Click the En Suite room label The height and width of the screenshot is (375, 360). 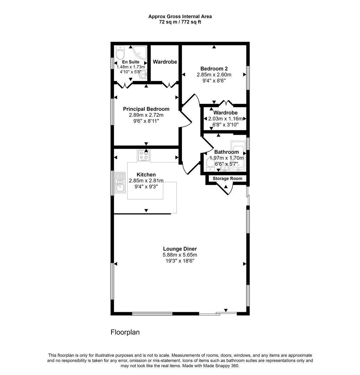tap(131, 62)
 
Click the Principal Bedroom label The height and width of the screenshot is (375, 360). tap(146, 109)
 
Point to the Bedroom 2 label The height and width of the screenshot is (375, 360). tap(214, 68)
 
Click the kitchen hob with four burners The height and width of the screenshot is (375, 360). tap(144, 156)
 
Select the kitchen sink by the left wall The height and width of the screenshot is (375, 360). tap(120, 183)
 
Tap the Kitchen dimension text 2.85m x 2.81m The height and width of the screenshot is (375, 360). tap(146, 181)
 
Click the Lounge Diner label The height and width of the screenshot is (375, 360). tap(180, 249)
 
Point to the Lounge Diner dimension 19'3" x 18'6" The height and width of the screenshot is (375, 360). tap(180, 260)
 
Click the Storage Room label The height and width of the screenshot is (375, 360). tap(227, 178)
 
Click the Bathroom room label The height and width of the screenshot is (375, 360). tap(226, 152)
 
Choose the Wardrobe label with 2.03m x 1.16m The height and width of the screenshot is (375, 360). tap(225, 113)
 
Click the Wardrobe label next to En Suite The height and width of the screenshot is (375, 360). tap(165, 62)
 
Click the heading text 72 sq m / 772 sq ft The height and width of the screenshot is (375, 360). tap(180, 22)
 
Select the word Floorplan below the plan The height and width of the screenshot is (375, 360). tap(125, 332)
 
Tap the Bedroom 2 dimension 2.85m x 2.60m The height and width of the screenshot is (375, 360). tap(214, 75)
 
